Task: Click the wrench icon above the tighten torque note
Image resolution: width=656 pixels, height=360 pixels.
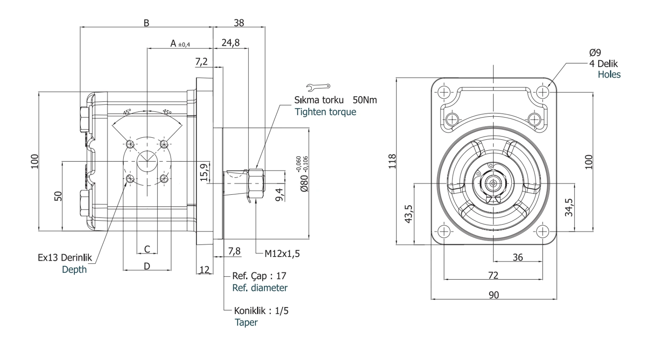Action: pyautogui.click(x=318, y=86)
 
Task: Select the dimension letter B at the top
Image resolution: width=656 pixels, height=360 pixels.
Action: pyautogui.click(x=146, y=23)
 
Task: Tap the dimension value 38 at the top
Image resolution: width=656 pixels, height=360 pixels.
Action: pyautogui.click(x=239, y=23)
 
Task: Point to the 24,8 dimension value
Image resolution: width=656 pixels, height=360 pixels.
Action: pyautogui.click(x=231, y=43)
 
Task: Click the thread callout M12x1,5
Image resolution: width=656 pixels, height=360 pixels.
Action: pyautogui.click(x=282, y=254)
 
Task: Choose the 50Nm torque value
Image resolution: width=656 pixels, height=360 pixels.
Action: pyautogui.click(x=364, y=100)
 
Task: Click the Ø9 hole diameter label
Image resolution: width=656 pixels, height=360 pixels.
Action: pyautogui.click(x=595, y=53)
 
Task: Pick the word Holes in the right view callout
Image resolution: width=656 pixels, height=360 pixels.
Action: pyautogui.click(x=609, y=75)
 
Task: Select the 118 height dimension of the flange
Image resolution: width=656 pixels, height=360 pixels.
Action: pyautogui.click(x=392, y=161)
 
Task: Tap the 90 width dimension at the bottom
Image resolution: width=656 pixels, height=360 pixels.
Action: pyautogui.click(x=494, y=295)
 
